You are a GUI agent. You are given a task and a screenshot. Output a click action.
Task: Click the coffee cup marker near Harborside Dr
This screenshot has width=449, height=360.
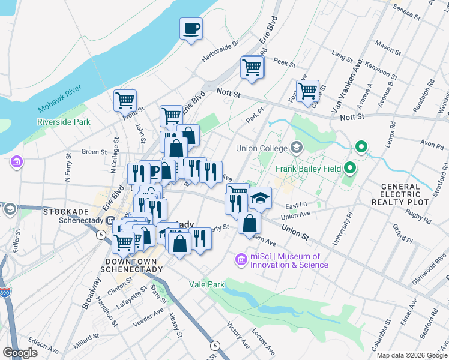[x=191, y=29]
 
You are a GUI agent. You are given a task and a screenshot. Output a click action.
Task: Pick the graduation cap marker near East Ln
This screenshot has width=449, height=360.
[x=260, y=197]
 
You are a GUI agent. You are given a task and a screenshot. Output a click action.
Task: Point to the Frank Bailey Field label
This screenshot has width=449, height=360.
[x=307, y=169]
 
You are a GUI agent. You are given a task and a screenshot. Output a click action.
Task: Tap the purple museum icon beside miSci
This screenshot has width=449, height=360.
[x=241, y=260]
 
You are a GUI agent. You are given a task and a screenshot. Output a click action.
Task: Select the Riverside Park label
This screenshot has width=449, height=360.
[x=64, y=122]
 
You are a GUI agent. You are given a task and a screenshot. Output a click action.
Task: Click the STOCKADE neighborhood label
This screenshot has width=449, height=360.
[x=65, y=212]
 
